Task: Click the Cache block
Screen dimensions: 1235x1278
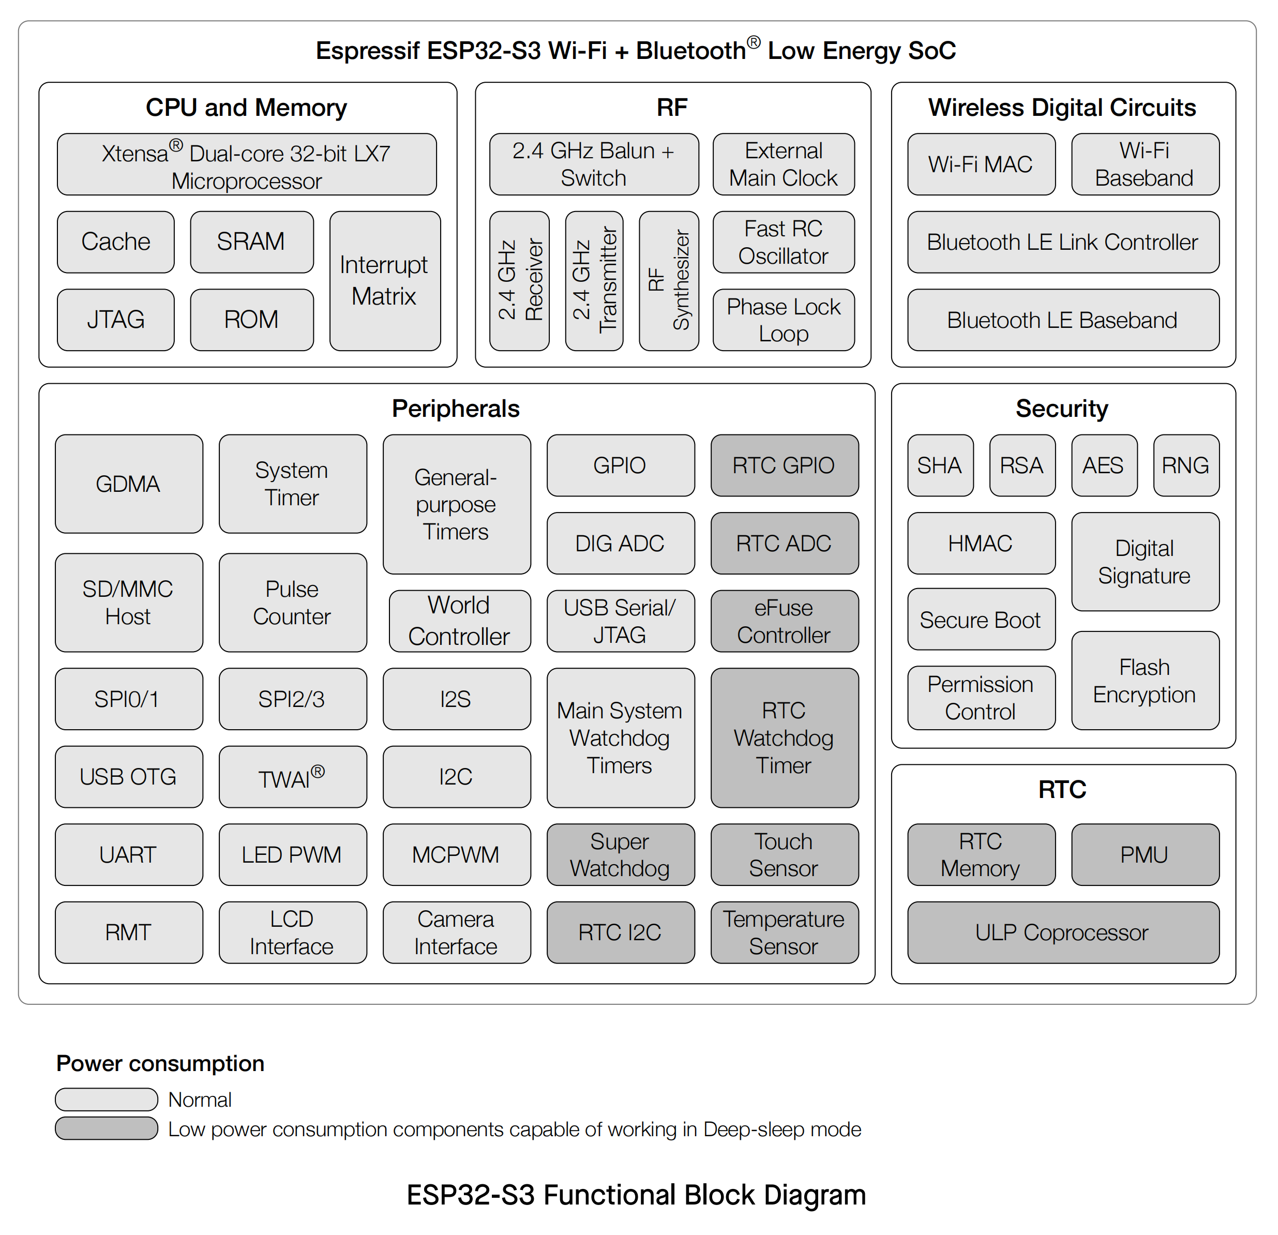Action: pyautogui.click(x=115, y=242)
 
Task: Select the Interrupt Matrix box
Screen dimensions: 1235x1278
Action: pyautogui.click(x=385, y=281)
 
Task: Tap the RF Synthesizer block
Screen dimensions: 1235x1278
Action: pyautogui.click(x=668, y=281)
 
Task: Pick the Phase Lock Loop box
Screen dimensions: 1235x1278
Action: pyautogui.click(x=783, y=320)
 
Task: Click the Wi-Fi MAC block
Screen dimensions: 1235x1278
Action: pyautogui.click(x=981, y=164)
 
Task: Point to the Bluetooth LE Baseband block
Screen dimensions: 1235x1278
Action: pyautogui.click(x=1063, y=320)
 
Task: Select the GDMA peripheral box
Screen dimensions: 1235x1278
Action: pyautogui.click(x=128, y=484)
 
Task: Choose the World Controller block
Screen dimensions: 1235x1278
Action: pyautogui.click(x=459, y=621)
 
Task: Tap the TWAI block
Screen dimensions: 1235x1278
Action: pyautogui.click(x=292, y=777)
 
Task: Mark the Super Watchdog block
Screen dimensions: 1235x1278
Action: pyautogui.click(x=620, y=855)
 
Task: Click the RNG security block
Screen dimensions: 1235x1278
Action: pyautogui.click(x=1186, y=465)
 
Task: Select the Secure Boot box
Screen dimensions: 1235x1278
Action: pyautogui.click(x=981, y=620)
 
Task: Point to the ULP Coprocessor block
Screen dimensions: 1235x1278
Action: pyautogui.click(x=1063, y=932)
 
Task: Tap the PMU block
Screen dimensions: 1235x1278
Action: pyautogui.click(x=1145, y=855)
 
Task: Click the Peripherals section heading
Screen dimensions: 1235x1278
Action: pyautogui.click(x=456, y=409)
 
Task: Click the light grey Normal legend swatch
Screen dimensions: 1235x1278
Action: pyautogui.click(x=106, y=1100)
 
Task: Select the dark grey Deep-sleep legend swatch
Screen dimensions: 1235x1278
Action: pyautogui.click(x=106, y=1128)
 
